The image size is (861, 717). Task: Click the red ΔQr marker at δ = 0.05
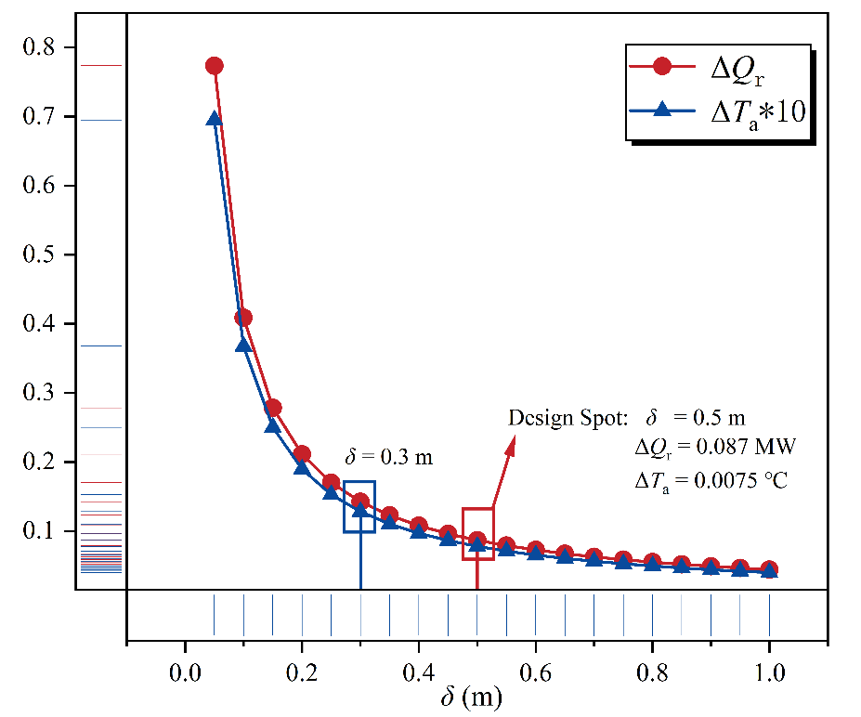coord(215,66)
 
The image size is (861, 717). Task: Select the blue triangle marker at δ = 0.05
coord(215,120)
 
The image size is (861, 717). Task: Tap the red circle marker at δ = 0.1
coord(243,318)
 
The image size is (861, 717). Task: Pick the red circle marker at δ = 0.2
coord(302,454)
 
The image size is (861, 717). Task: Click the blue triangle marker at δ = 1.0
coord(769,571)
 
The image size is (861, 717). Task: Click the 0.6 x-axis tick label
coord(535,671)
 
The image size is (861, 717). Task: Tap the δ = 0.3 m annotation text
coord(389,457)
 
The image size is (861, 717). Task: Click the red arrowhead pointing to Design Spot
coord(511,447)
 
